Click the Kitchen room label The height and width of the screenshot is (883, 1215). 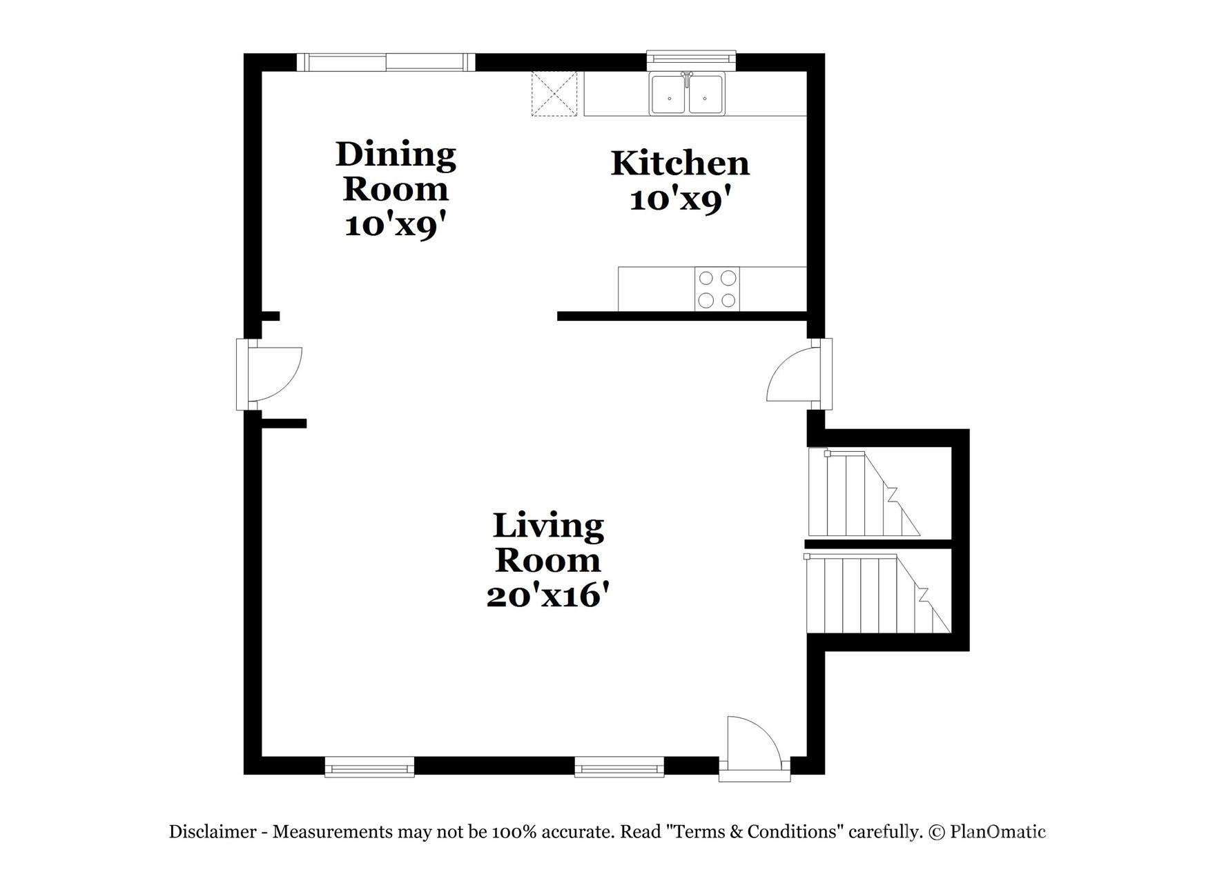click(680, 164)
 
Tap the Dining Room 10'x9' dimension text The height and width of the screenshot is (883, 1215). click(396, 225)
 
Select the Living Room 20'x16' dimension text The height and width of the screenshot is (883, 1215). click(548, 595)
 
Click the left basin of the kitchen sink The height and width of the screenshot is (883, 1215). click(668, 95)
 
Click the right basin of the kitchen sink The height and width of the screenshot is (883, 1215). click(706, 95)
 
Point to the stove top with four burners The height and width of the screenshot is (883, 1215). click(717, 289)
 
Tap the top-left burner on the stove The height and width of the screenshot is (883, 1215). click(706, 278)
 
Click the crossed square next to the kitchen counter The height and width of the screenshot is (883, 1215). click(553, 94)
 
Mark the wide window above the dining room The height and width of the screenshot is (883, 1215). click(386, 63)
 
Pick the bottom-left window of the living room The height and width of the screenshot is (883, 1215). click(369, 766)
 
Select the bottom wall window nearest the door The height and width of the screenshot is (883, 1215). click(619, 766)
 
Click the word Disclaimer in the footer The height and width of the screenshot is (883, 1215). click(213, 831)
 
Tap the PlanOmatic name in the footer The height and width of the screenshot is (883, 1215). click(998, 831)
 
